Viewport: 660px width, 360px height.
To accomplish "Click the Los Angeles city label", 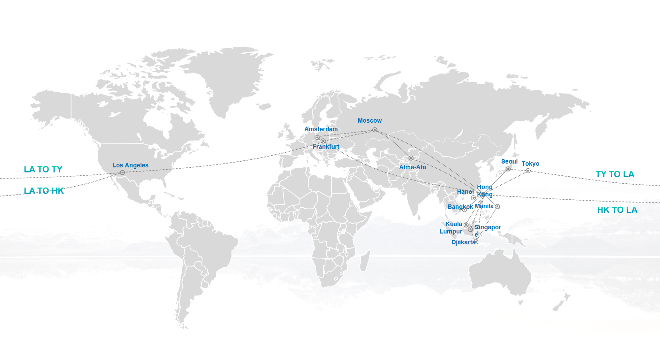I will (x=130, y=165).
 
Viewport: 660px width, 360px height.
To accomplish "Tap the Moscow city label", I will (x=369, y=120).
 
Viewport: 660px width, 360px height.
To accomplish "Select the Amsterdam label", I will (x=321, y=129).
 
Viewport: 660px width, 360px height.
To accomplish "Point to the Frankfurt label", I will (x=326, y=147).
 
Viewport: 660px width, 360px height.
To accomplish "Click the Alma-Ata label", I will (x=412, y=167).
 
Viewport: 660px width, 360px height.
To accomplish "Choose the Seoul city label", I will (x=509, y=161).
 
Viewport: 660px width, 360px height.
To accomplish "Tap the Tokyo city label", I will (x=530, y=164).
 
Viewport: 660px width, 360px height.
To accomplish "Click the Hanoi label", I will (x=465, y=192).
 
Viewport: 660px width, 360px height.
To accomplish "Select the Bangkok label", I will (x=460, y=207).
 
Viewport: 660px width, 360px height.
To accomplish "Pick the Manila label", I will (x=484, y=206).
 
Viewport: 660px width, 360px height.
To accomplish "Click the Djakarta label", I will (x=463, y=242).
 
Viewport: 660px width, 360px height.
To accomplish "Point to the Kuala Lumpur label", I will (x=451, y=227).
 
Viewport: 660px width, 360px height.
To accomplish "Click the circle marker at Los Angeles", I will (x=122, y=172).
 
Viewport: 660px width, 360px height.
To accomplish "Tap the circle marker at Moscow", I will (x=375, y=130).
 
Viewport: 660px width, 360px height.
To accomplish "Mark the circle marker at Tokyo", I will (x=528, y=171).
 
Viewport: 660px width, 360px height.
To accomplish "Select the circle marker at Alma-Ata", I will (x=411, y=158).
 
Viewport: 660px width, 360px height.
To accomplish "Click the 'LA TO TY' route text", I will (x=43, y=169).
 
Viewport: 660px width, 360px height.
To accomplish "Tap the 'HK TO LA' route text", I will (x=617, y=210).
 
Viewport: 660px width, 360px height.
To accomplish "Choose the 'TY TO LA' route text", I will (x=615, y=174).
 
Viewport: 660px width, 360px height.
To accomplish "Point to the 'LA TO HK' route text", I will (x=44, y=191).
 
